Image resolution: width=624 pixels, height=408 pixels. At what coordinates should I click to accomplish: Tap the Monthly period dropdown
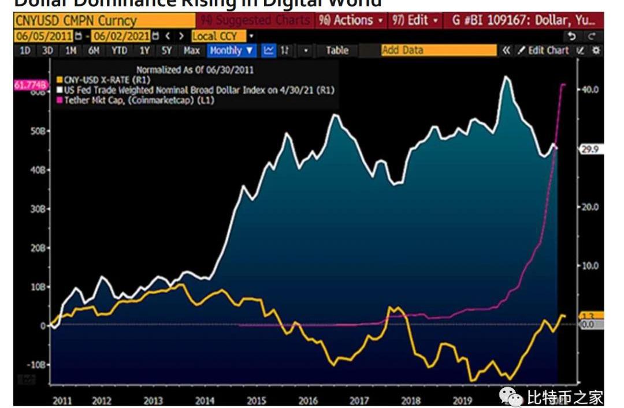[232, 51]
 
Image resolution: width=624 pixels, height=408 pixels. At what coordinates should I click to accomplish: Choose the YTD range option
[120, 51]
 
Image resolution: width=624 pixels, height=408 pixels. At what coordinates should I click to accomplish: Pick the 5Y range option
[167, 51]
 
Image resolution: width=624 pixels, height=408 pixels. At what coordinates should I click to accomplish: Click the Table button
[337, 51]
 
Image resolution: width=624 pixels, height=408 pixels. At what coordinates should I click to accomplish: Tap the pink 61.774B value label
[29, 85]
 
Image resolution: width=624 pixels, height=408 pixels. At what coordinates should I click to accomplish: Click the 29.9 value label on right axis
[590, 149]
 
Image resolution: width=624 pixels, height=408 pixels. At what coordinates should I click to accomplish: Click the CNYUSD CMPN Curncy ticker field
[75, 21]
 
